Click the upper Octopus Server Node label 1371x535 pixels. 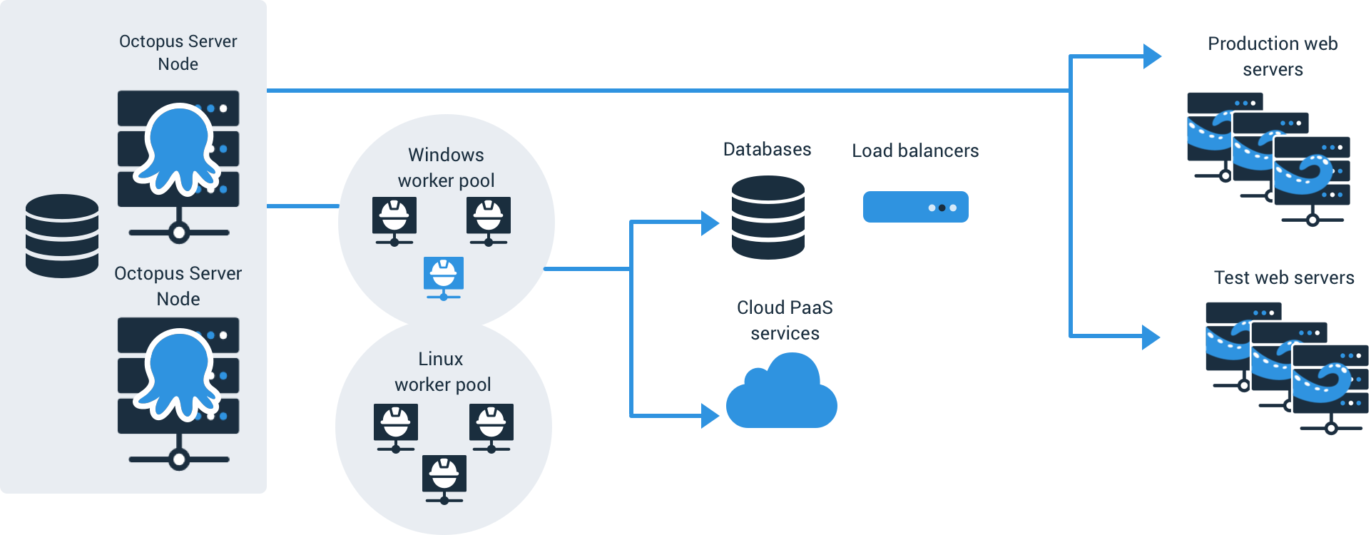point(178,53)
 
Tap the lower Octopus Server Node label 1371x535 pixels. point(178,286)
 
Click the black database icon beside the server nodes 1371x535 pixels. point(62,236)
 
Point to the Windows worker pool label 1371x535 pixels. point(447,168)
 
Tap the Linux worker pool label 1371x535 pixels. point(442,372)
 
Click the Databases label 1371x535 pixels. point(768,149)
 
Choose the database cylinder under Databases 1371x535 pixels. point(768,218)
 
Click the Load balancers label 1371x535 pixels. point(915,151)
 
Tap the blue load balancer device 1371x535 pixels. point(916,207)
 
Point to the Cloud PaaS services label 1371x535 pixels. point(785,320)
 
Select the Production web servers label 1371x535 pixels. point(1273,56)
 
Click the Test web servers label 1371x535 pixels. point(1284,277)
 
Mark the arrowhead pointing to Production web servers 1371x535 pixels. point(1152,56)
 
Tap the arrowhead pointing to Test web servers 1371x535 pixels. point(1151,337)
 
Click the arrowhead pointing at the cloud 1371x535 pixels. point(710,415)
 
